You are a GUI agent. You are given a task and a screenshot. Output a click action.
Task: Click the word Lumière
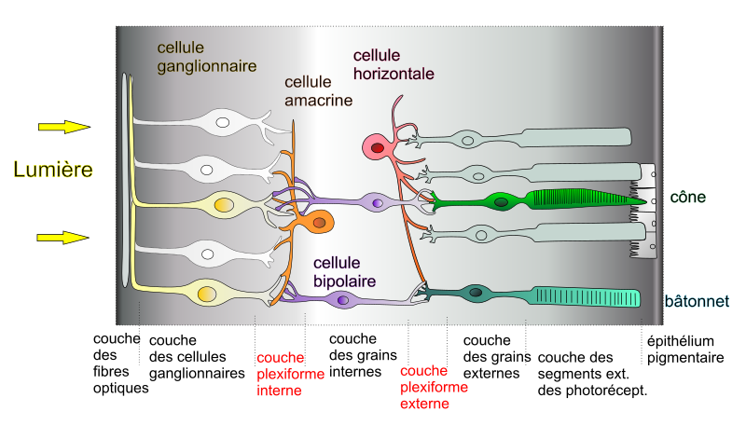click(53, 170)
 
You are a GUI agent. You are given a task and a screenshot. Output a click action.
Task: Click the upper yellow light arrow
click(63, 127)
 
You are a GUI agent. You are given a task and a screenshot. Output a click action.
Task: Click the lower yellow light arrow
click(62, 238)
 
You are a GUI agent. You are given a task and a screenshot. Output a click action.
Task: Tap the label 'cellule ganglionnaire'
click(194, 56)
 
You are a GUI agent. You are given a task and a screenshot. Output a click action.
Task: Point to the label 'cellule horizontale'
click(393, 64)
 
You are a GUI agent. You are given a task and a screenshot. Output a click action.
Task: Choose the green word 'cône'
click(687, 198)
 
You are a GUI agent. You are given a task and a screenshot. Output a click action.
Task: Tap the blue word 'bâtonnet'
click(697, 301)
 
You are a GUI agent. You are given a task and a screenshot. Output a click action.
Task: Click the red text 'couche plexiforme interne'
click(290, 375)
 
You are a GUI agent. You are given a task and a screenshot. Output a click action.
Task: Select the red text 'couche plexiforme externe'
click(434, 387)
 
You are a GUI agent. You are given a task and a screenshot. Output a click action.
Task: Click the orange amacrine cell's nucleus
click(320, 222)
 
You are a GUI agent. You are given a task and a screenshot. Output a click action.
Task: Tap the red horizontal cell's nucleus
click(377, 145)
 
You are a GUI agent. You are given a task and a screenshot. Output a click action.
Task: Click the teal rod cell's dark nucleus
click(477, 295)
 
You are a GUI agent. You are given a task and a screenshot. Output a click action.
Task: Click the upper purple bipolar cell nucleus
click(377, 202)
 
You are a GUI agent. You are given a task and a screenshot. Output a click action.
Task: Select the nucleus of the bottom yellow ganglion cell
click(205, 295)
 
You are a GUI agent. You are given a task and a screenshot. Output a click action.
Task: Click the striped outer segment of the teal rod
click(587, 297)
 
